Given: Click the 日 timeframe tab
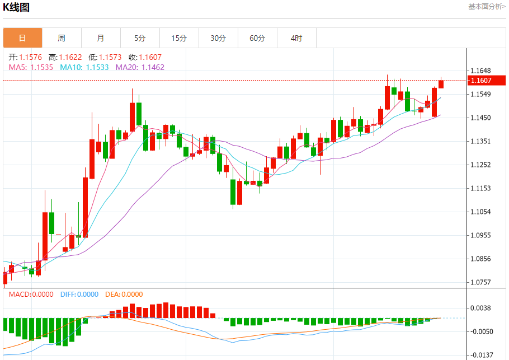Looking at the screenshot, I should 22,38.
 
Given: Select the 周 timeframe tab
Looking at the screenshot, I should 62,38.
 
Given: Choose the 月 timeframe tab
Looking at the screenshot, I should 101,38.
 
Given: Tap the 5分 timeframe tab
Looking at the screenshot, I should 140,38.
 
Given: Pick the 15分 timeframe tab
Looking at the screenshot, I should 179,38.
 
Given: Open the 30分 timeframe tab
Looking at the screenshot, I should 218,38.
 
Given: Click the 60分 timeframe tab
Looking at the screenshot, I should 257,38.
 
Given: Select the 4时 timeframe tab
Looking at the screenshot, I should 296,38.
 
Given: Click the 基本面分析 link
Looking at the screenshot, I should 486,7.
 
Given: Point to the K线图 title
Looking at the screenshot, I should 17,7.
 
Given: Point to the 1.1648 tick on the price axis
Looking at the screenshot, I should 481,71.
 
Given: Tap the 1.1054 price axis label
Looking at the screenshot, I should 481,212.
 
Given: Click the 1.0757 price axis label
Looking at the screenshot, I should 481,282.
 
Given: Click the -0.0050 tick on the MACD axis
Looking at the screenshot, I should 481,331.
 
